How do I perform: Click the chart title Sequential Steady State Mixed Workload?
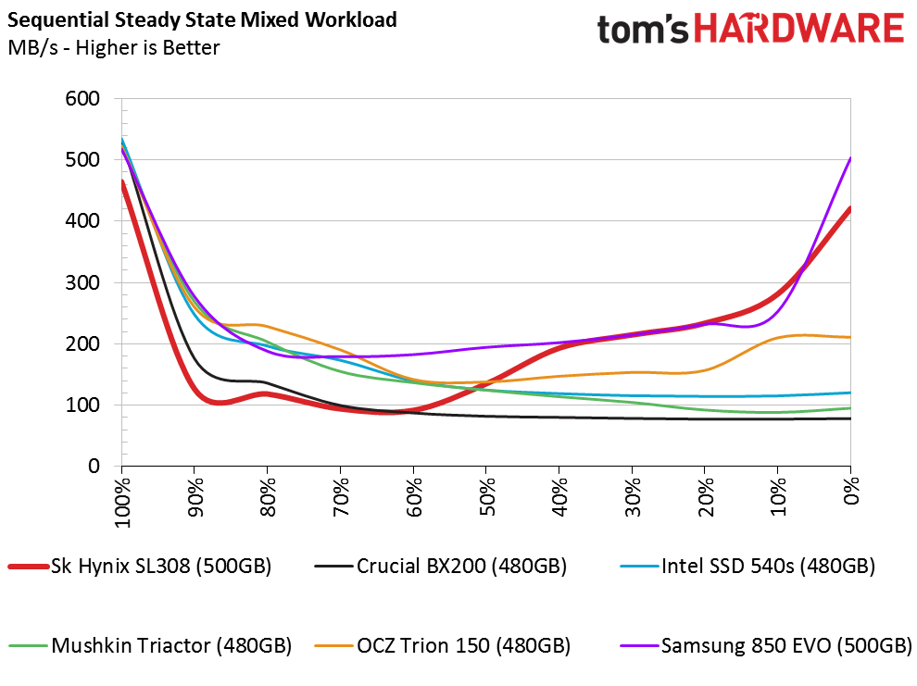[x=202, y=19]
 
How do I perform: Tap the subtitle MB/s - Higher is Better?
[x=114, y=47]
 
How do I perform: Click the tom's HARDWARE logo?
[x=751, y=28]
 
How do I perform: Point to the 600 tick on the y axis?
[x=82, y=98]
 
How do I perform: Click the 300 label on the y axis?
[x=82, y=282]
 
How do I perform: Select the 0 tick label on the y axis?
[x=94, y=466]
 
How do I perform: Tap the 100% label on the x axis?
[x=122, y=502]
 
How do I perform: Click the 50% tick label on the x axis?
[x=486, y=496]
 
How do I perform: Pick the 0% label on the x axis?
[x=851, y=491]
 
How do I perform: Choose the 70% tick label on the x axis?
[x=341, y=496]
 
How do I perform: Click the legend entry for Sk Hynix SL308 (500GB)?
[x=140, y=566]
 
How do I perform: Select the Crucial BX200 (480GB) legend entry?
[x=440, y=566]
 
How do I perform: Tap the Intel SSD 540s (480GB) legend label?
[x=747, y=566]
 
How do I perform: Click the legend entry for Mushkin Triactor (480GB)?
[x=150, y=645]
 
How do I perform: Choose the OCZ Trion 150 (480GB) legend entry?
[x=442, y=645]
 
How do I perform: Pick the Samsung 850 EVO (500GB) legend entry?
[x=766, y=645]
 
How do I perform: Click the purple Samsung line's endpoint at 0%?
[x=850, y=157]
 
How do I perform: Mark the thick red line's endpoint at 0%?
[x=849, y=208]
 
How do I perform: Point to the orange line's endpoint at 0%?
[x=850, y=337]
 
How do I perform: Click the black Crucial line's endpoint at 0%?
[x=850, y=418]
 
